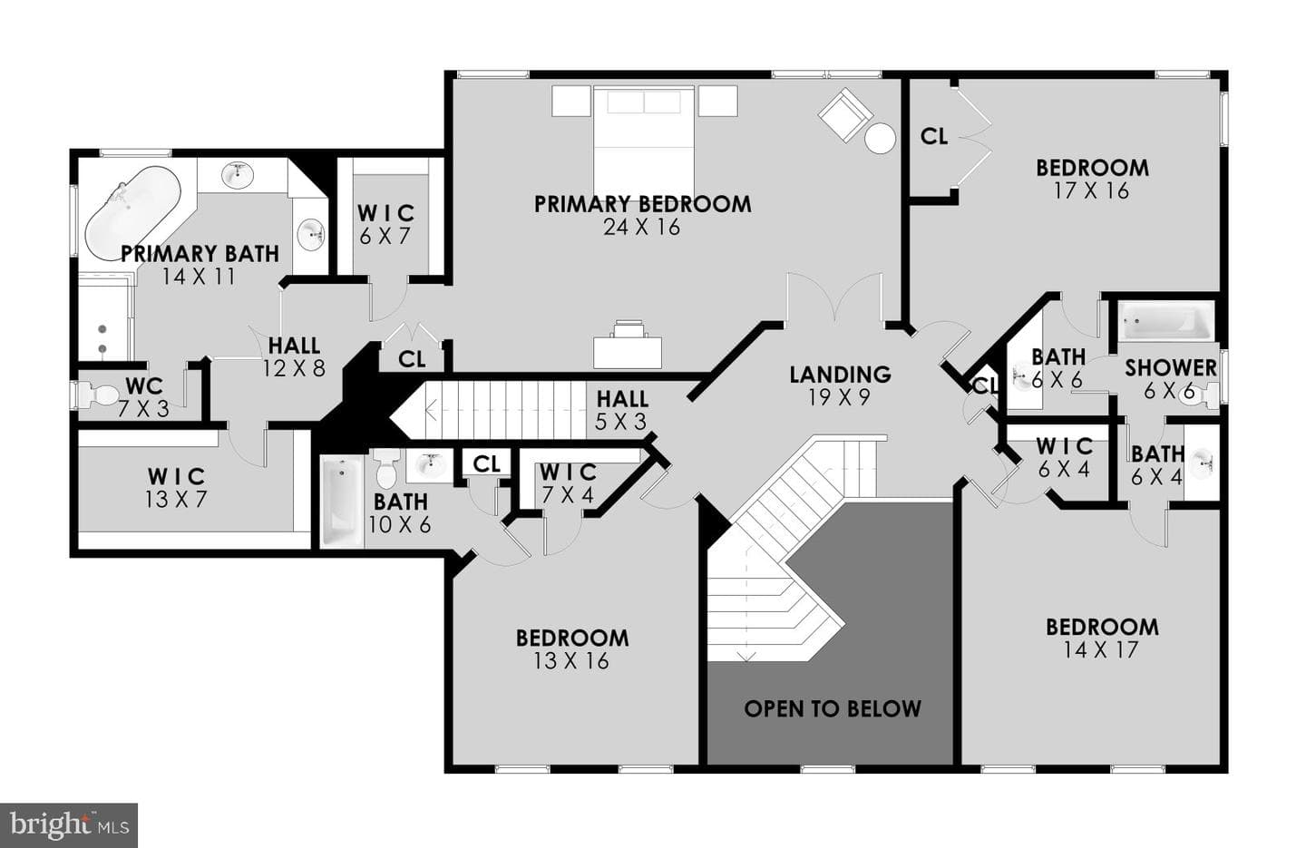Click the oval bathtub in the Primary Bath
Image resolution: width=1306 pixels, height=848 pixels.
tap(133, 213)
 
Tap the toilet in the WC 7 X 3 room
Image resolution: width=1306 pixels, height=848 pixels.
tap(98, 395)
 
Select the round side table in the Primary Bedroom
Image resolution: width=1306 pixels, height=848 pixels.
tap(880, 139)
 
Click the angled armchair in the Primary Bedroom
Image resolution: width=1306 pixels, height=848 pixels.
tap(845, 115)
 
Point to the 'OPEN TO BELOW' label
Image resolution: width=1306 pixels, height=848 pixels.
tap(832, 708)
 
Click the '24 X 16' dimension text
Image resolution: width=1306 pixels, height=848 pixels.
tap(642, 228)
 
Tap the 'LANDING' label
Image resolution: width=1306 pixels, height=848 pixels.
tap(840, 374)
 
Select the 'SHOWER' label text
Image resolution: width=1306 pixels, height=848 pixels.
tap(1171, 368)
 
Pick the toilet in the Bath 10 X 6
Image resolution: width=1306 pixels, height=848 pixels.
tap(386, 468)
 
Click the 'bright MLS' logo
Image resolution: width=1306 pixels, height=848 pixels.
tap(69, 825)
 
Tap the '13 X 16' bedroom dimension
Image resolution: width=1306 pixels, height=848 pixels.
tap(571, 661)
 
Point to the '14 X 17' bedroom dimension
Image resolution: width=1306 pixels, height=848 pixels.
tap(1101, 649)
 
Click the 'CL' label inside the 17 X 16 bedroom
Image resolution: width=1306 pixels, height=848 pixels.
tap(934, 136)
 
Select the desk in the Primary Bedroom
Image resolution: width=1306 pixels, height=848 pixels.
tap(628, 345)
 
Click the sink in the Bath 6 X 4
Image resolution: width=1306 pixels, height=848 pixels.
tap(1203, 464)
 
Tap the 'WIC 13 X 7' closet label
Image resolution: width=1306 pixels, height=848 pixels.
tap(176, 488)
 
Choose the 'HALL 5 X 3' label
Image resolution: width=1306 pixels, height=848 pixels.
tap(621, 410)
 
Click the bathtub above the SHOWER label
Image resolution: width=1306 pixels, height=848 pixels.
tap(1165, 321)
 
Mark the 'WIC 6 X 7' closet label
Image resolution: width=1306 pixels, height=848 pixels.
tap(385, 225)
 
